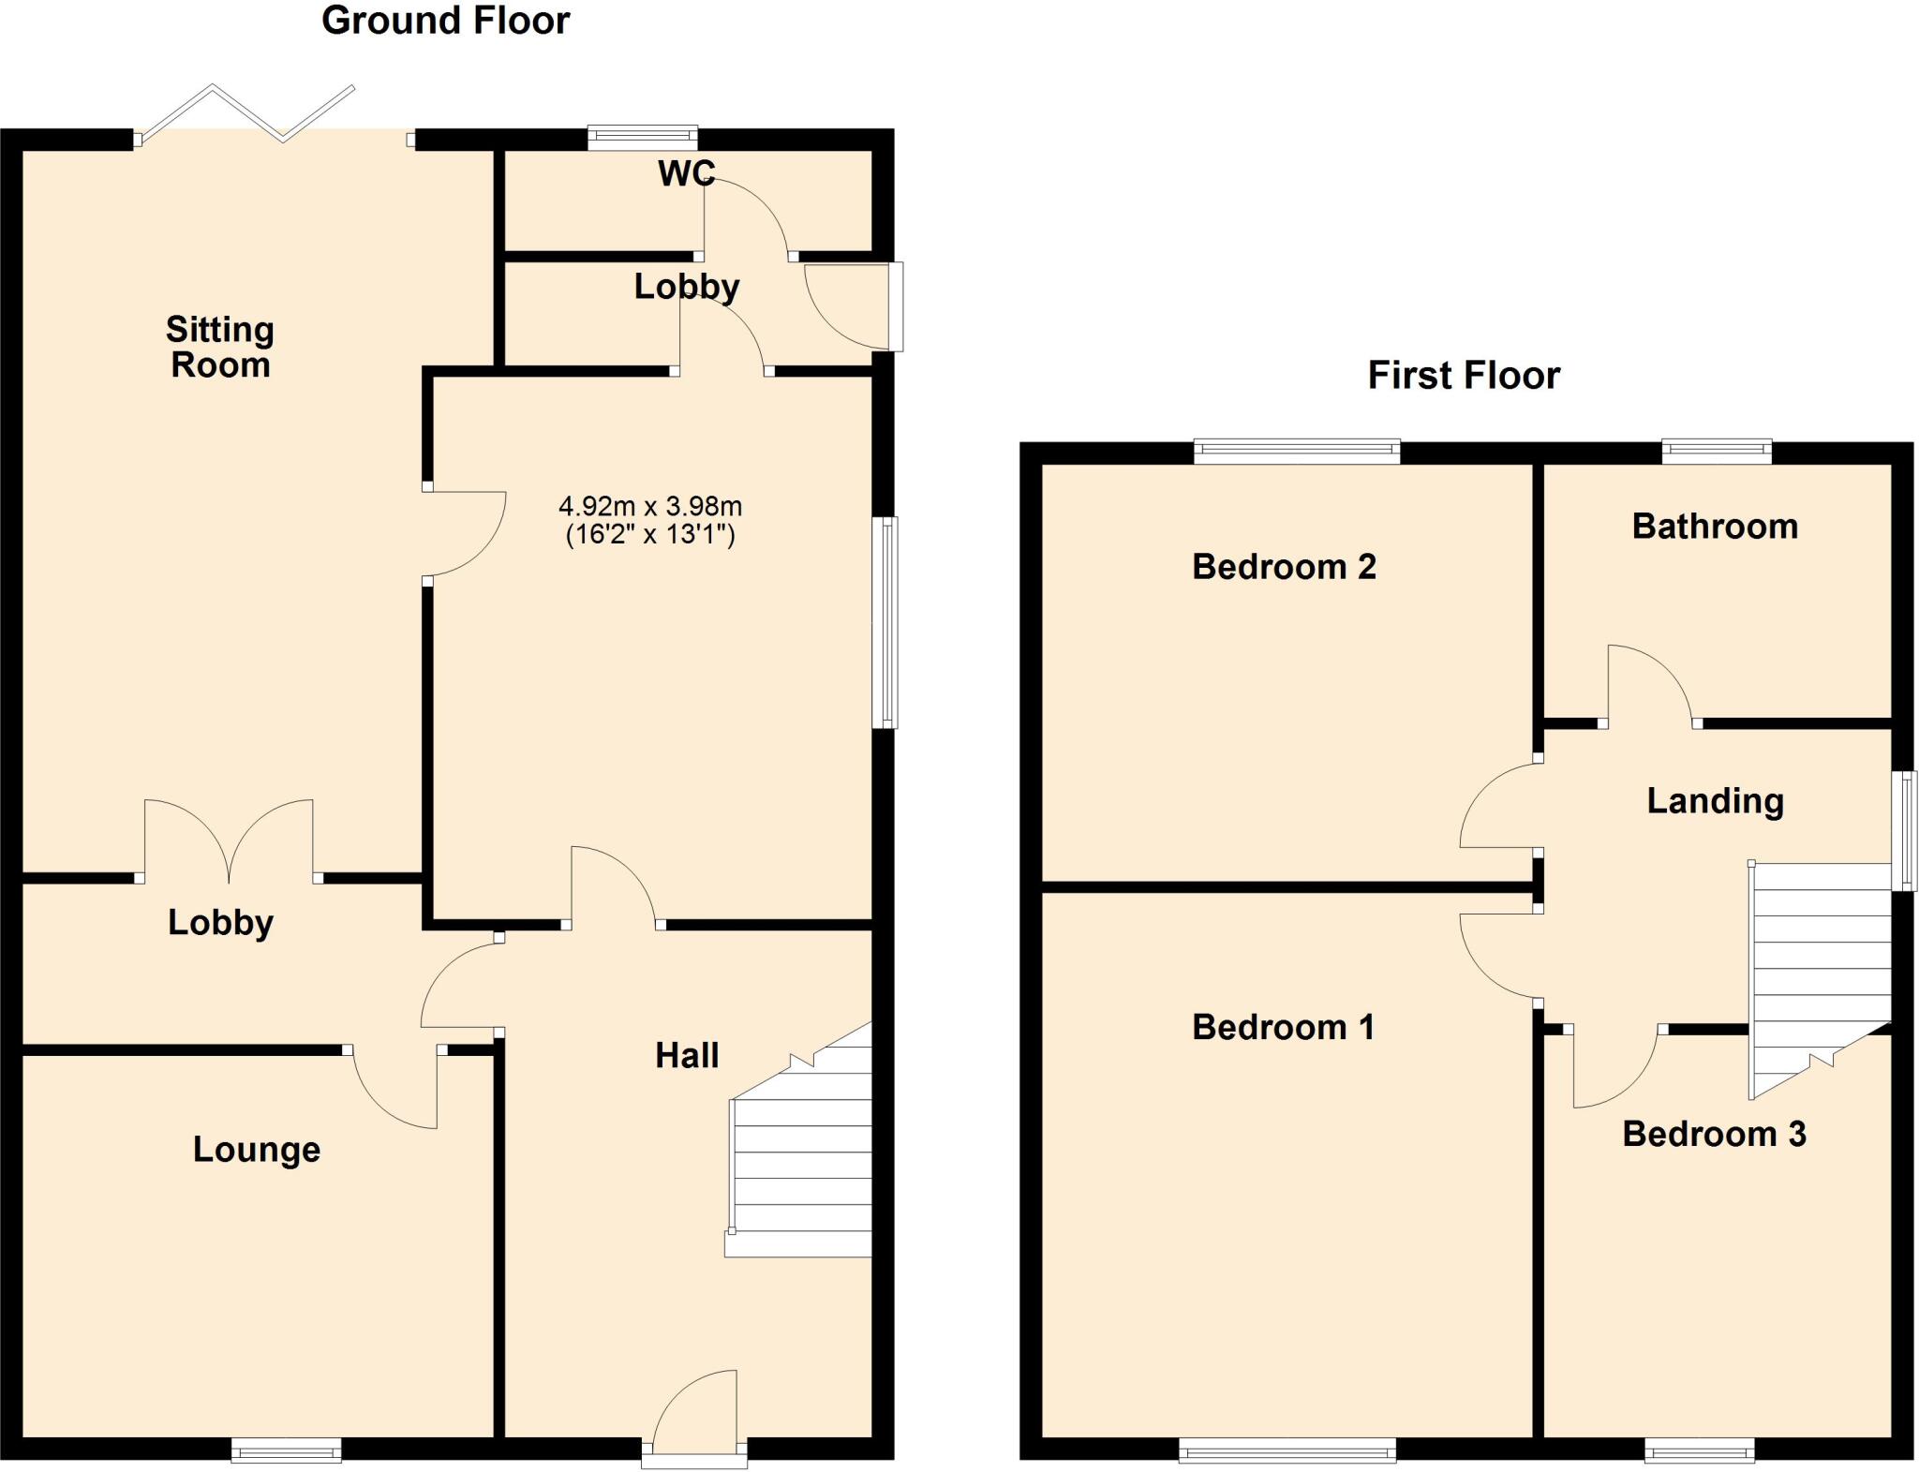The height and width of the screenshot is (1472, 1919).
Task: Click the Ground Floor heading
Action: (x=445, y=21)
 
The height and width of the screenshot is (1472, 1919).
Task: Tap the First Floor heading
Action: (x=1463, y=376)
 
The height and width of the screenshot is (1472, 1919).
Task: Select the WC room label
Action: (x=686, y=173)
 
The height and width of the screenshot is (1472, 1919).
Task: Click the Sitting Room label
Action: (x=220, y=347)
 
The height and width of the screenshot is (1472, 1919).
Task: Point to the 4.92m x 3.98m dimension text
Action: (x=650, y=507)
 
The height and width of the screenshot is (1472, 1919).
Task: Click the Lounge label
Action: (x=257, y=1149)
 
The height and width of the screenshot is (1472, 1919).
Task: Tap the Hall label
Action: (x=687, y=1056)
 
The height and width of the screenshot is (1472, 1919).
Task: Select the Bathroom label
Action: (x=1715, y=527)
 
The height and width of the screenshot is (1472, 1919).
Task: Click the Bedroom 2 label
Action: (x=1284, y=567)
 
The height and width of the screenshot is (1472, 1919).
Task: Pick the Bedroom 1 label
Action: (x=1283, y=1028)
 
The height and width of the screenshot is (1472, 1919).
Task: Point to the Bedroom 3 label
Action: (x=1714, y=1134)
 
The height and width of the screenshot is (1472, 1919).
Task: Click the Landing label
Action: (x=1715, y=801)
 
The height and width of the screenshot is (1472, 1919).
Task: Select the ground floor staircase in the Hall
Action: (x=801, y=1162)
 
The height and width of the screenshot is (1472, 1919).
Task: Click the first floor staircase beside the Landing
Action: (x=1818, y=965)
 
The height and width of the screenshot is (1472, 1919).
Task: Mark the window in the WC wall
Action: (x=643, y=138)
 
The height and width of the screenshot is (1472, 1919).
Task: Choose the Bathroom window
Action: (x=1717, y=453)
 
